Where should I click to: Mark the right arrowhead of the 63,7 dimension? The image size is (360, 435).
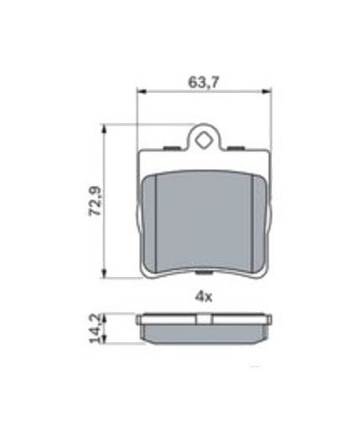click(268, 94)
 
